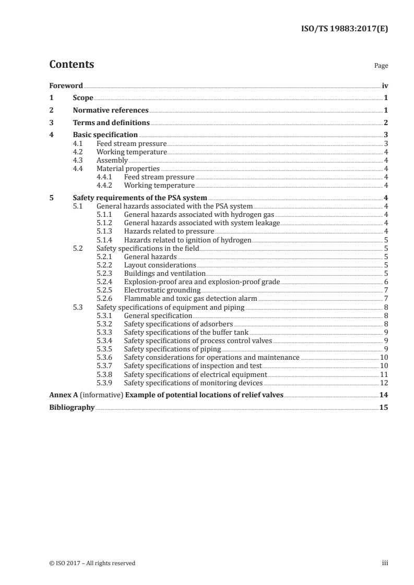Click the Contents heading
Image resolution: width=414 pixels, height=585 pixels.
point(72,65)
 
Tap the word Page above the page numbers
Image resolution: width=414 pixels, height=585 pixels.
point(381,66)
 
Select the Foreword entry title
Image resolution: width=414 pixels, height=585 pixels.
point(66,86)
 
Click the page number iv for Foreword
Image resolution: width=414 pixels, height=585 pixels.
point(385,86)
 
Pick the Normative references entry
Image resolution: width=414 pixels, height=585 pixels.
point(111,110)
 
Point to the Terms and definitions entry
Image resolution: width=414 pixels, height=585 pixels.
point(111,123)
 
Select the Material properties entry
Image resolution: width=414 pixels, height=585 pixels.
point(128,169)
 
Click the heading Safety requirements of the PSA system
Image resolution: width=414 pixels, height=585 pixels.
point(140,198)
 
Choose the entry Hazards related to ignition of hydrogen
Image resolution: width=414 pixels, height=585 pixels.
point(187,240)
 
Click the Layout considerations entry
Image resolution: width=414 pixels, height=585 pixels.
point(160,265)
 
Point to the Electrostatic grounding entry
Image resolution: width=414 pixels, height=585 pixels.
point(162,290)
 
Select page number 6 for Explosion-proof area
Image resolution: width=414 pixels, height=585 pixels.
point(385,282)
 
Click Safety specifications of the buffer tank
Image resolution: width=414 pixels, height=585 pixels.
point(186,332)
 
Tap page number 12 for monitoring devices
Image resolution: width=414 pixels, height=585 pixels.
point(384,383)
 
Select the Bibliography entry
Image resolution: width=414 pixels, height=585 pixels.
point(72,408)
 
